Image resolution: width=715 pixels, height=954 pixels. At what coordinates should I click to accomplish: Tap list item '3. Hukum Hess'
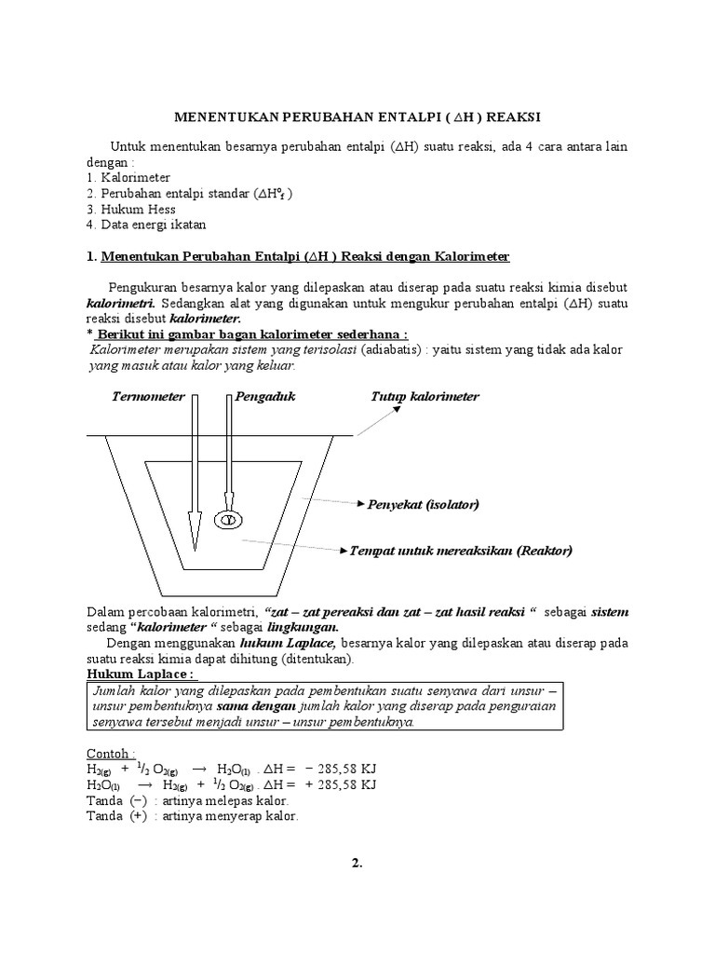point(130,209)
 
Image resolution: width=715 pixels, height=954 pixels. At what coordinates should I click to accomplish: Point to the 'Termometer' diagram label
point(148,396)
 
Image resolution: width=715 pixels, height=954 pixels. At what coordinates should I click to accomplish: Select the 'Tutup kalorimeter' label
point(425,396)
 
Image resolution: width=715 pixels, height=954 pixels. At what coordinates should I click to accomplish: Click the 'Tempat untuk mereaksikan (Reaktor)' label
point(460,551)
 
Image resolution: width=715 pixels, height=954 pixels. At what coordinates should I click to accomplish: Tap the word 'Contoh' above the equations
point(110,753)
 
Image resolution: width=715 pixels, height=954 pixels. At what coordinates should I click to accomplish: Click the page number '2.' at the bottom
point(357,863)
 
